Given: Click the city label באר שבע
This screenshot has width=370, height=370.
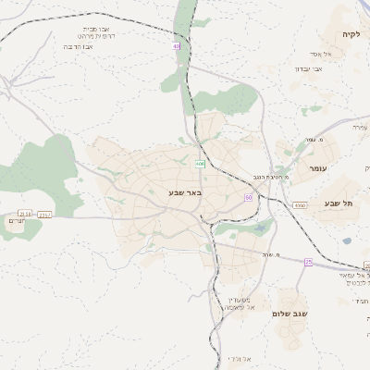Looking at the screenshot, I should [x=185, y=192].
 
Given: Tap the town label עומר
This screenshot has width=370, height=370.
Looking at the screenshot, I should [x=318, y=168].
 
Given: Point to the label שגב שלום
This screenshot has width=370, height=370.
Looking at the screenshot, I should [x=289, y=314].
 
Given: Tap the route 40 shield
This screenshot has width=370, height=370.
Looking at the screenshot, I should [x=176, y=45].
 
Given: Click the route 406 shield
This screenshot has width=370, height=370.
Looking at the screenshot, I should [x=200, y=164].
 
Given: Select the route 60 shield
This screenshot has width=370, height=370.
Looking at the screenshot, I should [x=248, y=197].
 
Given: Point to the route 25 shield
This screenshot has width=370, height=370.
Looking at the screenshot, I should [x=309, y=262].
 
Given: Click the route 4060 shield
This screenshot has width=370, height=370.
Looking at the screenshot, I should [x=299, y=204].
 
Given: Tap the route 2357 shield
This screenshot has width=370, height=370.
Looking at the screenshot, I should [x=45, y=214].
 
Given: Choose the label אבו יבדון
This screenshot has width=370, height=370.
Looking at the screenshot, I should [x=308, y=68].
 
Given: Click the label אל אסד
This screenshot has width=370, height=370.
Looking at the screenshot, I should [x=334, y=54].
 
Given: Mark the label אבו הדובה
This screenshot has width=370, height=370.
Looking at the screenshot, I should [x=81, y=45].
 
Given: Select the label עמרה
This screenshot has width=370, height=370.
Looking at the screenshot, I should [x=360, y=127].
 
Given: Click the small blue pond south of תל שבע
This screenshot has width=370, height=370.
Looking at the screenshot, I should [x=346, y=240].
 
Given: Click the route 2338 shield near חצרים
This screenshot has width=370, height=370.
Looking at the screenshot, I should [x=25, y=214].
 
